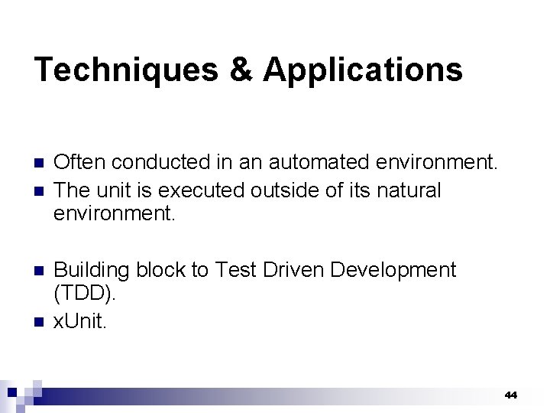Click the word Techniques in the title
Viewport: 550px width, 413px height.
125,70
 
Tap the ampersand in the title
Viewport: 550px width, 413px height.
241,70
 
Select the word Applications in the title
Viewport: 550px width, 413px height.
363,70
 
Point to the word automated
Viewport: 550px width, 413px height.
338,162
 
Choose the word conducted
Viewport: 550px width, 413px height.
159,162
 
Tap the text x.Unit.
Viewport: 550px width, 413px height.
81,321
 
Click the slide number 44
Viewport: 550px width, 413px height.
511,395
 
